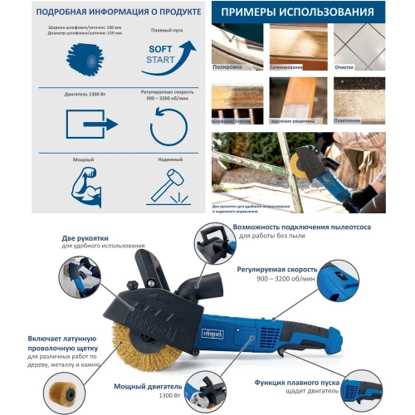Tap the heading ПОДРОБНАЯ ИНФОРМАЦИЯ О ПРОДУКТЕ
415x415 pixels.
tap(104, 12)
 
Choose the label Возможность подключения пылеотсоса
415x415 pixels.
tap(303, 227)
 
